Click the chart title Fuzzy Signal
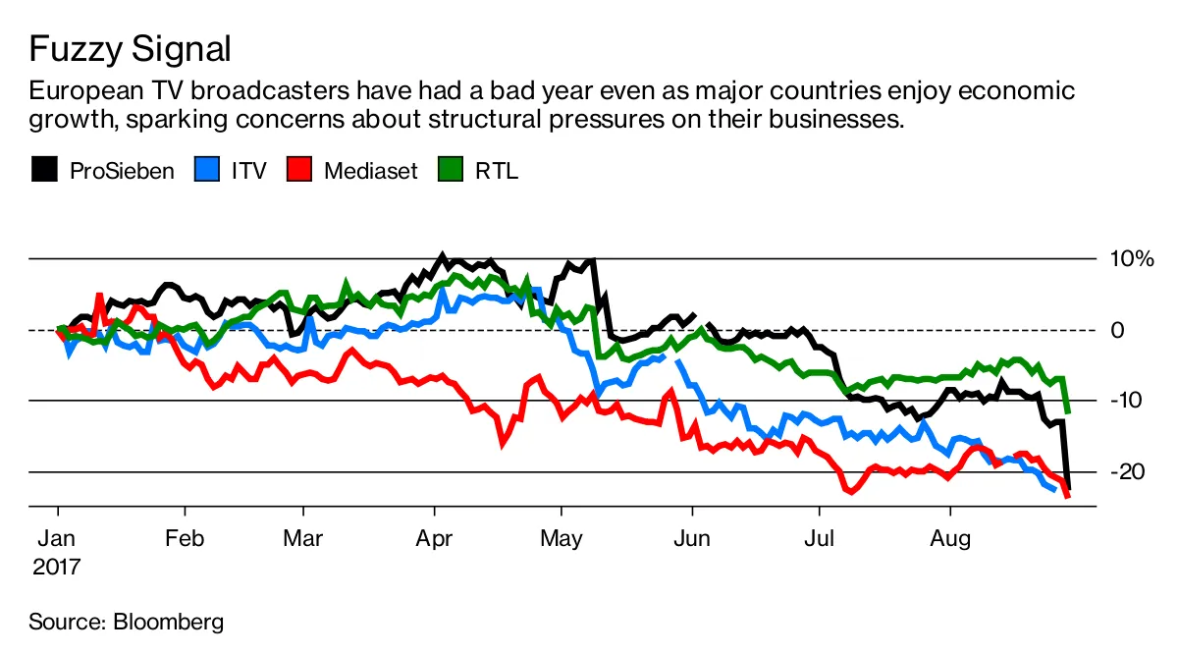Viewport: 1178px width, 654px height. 131,47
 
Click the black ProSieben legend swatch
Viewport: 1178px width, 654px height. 44,170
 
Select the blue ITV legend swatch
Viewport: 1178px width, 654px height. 207,170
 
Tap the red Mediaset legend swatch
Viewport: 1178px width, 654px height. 298,170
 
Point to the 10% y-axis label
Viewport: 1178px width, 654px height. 1131,259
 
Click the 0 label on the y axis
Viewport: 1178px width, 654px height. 1117,330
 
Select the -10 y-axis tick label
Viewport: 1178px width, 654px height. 1126,401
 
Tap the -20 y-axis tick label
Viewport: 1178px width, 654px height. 1126,471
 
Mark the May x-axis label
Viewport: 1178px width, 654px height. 561,538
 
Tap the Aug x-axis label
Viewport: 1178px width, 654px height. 949,538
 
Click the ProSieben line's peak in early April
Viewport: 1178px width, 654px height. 442,257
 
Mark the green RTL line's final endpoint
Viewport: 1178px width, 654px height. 1067,411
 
